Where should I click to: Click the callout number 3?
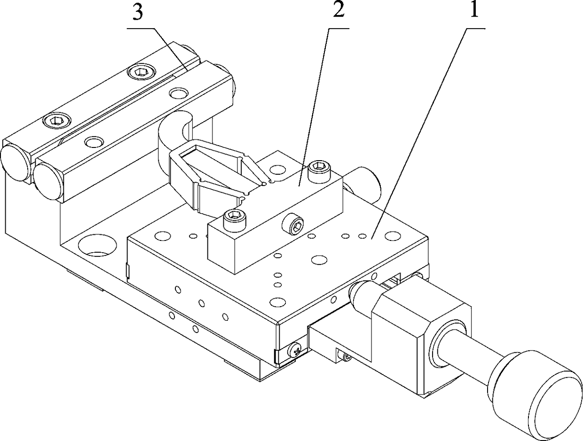pyautogui.click(x=137, y=14)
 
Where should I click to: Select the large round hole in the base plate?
pyautogui.click(x=98, y=245)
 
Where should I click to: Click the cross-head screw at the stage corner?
pyautogui.click(x=296, y=349)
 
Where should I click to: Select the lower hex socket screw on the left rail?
pyautogui.click(x=55, y=121)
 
